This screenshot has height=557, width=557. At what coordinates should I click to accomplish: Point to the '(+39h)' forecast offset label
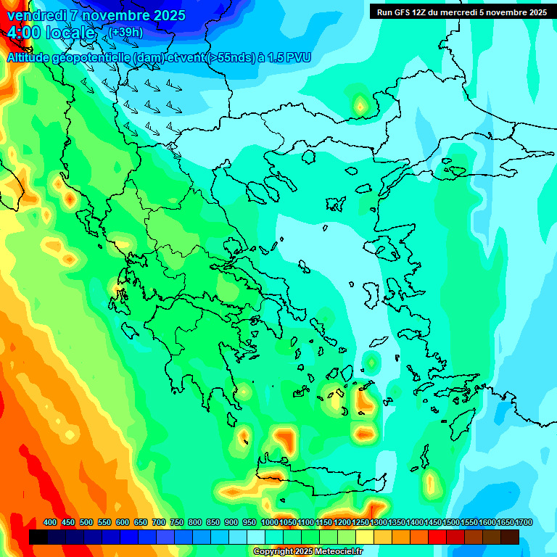(125, 33)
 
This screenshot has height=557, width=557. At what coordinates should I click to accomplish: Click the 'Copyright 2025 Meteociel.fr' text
(308, 552)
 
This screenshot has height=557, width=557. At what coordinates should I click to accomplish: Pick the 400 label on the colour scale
(50, 523)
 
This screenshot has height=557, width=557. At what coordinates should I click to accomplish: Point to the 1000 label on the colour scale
(269, 523)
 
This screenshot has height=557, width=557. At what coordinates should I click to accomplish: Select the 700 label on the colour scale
(159, 523)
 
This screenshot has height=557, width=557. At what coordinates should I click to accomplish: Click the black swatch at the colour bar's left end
(38, 537)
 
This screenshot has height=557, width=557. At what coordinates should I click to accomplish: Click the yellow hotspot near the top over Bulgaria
(360, 107)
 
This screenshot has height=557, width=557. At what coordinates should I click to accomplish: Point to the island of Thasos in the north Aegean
(308, 157)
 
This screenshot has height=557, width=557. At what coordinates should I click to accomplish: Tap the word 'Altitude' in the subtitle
(29, 57)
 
